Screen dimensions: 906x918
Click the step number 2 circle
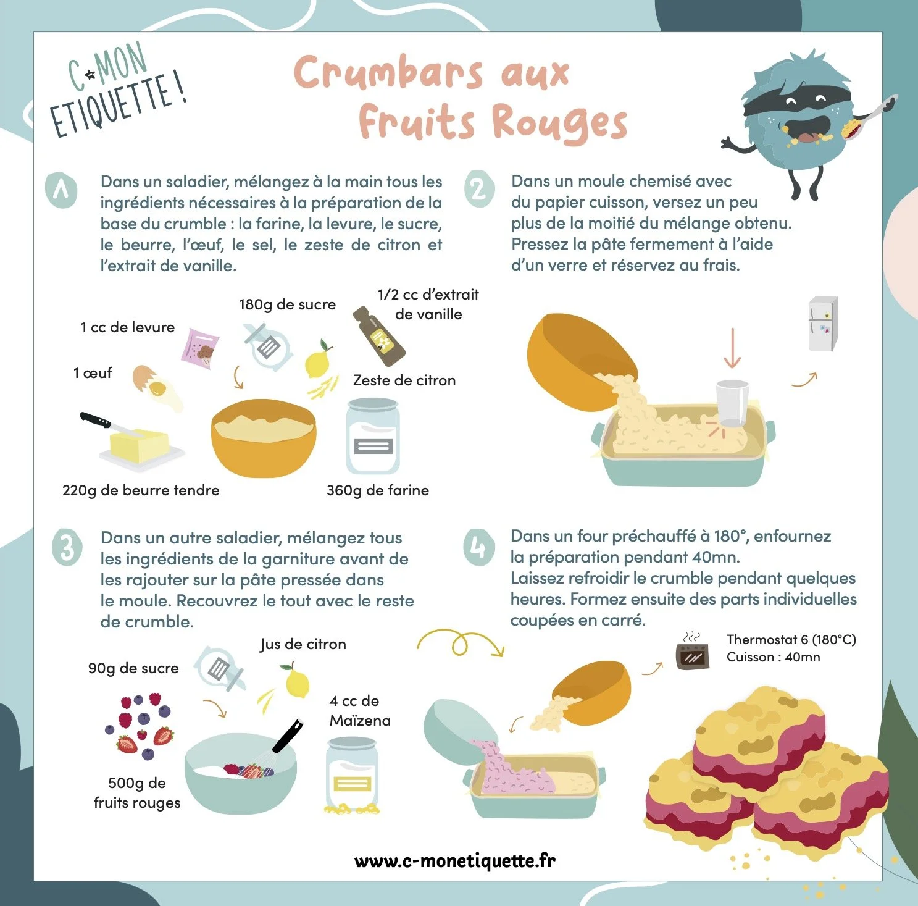(x=479, y=189)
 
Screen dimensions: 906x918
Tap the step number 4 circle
(x=478, y=547)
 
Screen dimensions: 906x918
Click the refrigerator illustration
(x=823, y=324)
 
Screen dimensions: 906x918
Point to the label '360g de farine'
(x=377, y=490)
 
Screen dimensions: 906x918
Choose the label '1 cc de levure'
(x=127, y=327)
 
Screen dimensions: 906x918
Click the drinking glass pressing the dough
(x=732, y=403)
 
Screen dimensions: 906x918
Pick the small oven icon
(x=692, y=655)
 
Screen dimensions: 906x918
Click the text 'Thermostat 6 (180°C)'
(x=791, y=640)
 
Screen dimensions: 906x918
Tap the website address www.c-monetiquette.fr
(x=455, y=860)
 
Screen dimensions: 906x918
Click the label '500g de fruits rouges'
(x=137, y=793)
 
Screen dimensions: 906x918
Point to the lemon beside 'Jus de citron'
(x=297, y=682)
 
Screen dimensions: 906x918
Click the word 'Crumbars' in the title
(x=388, y=73)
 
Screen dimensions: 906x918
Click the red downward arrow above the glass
(x=732, y=348)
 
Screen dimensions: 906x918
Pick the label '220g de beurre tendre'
(x=141, y=490)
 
